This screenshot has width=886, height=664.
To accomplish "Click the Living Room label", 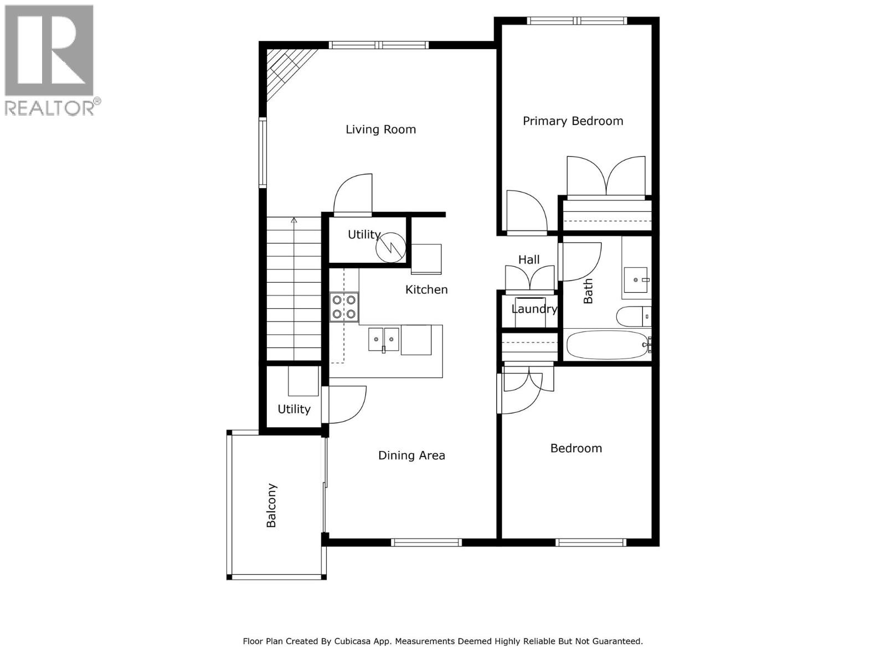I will pos(380,129).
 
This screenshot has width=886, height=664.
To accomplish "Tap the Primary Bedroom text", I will pos(573,121).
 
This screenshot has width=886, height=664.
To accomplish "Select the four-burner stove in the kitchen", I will pos(344,307).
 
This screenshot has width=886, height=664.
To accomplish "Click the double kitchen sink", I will pos(383,339).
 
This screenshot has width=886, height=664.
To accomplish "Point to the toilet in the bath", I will pos(632,317).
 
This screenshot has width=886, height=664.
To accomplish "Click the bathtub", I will pos(607,345).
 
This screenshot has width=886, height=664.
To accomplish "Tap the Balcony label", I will pos(271,506).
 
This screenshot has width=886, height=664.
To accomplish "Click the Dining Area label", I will pos(411,455).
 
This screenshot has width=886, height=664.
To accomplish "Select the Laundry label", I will pos(534,309).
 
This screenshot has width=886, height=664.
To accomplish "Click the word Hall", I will pos(529,260).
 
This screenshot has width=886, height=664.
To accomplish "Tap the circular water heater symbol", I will pos(390,247).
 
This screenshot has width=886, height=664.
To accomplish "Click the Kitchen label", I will pos(426,289).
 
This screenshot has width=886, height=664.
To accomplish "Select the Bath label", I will pos(588,291).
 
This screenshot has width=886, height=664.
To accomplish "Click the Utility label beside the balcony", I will pos(293,409).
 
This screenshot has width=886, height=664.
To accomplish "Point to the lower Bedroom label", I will pos(576,448).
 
